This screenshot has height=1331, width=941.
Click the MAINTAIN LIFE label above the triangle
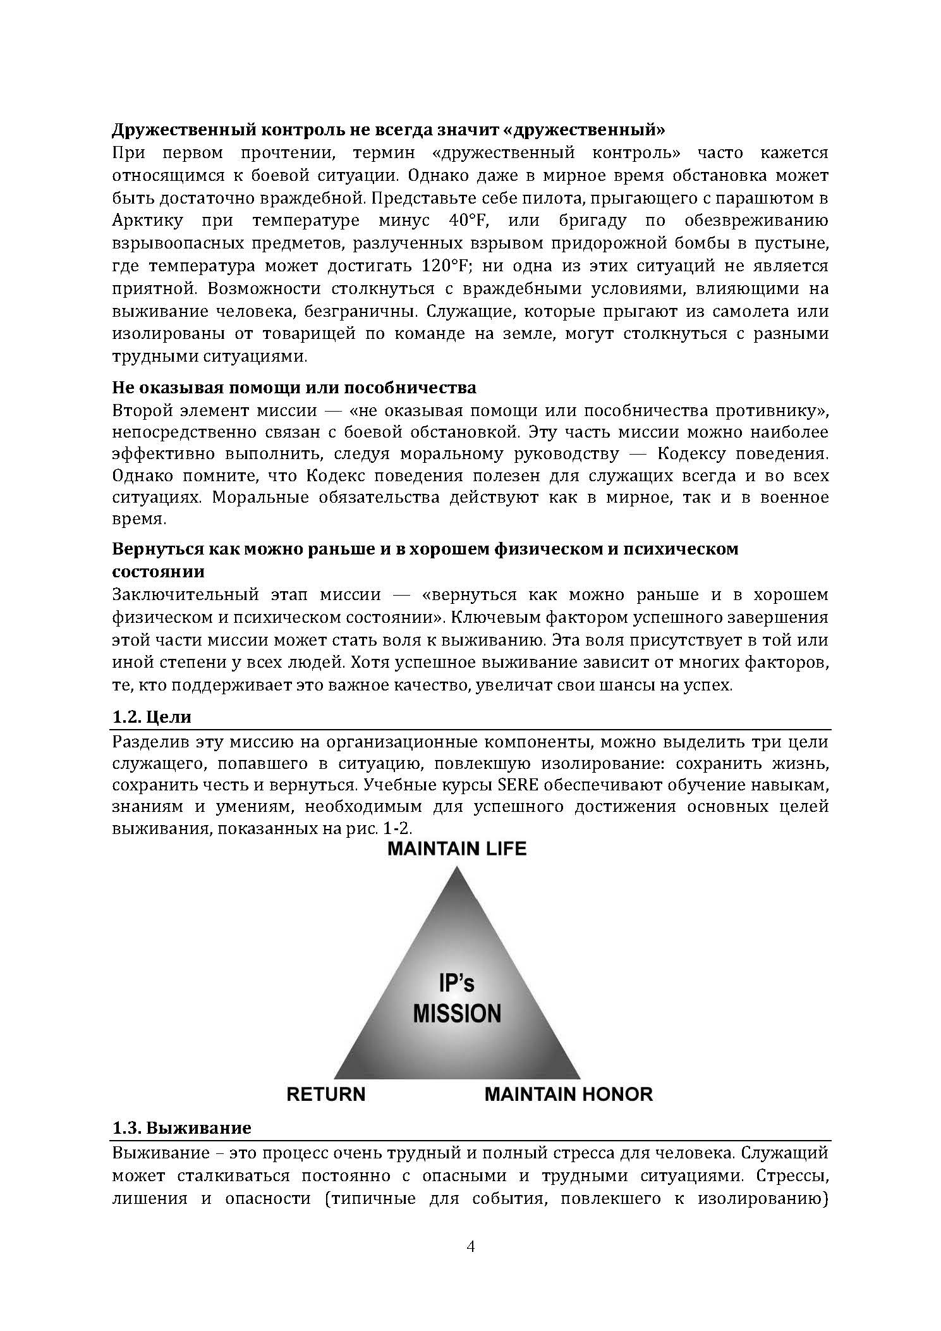[456, 849]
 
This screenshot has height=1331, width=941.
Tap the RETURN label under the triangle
[326, 1095]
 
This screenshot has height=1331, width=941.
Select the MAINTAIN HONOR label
[568, 1095]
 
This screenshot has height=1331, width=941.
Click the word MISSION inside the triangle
[457, 1013]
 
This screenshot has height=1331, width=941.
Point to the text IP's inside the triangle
[456, 983]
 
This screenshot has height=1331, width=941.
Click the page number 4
[470, 1246]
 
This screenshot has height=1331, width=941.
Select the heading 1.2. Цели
[151, 717]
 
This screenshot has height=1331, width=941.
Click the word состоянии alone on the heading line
[158, 572]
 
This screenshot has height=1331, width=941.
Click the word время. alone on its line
[139, 520]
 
